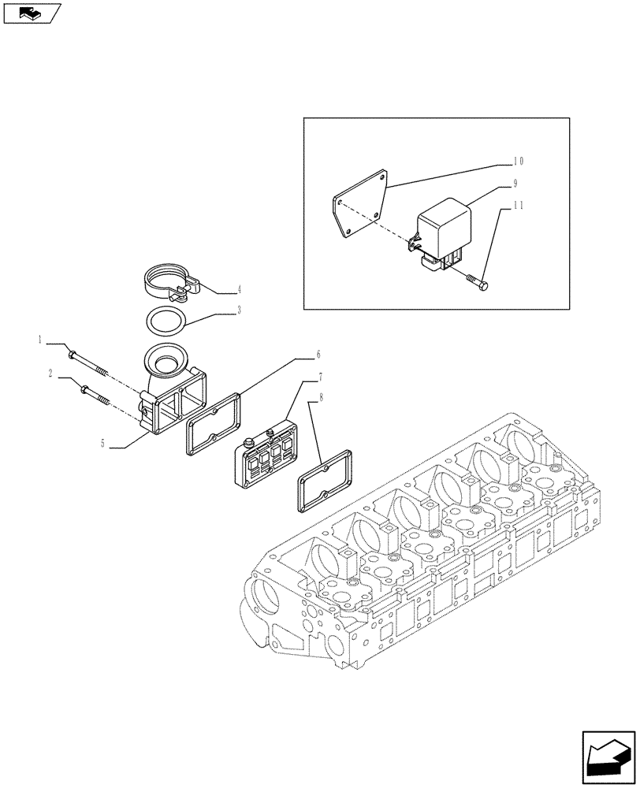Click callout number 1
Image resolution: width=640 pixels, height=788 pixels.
point(39,340)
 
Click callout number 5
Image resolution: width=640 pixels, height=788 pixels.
point(103,444)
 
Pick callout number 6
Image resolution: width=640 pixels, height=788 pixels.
point(296,355)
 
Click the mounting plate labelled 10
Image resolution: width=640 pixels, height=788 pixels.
point(359,205)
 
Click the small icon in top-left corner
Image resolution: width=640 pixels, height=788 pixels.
point(32,13)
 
